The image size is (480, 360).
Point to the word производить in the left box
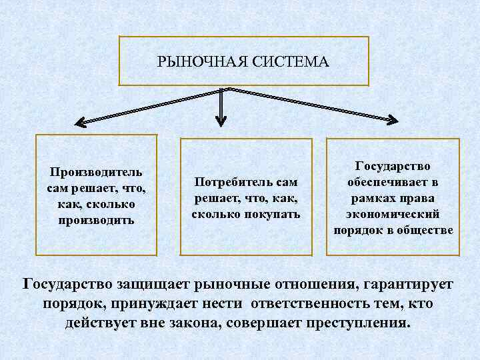coord(96,219)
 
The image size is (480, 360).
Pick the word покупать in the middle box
coord(271,214)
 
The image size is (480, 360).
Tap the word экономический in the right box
coord(393,214)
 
